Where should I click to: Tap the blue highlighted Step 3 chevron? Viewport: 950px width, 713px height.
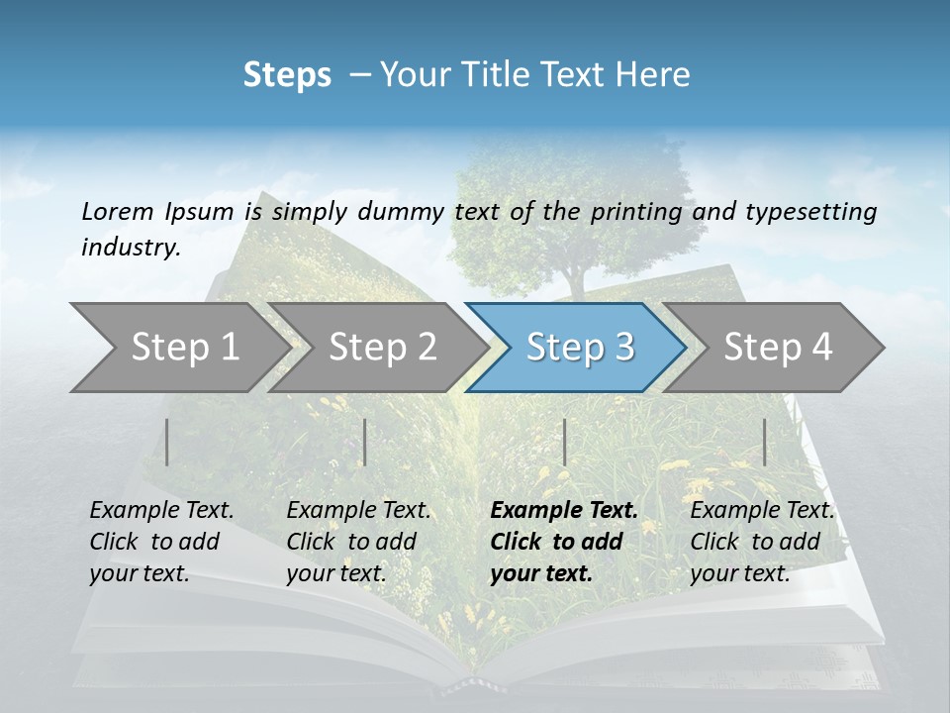579,348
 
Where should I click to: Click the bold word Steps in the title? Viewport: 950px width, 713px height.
287,75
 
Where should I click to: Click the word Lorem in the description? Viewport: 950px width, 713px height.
117,211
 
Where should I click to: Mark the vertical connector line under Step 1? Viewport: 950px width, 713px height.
167,442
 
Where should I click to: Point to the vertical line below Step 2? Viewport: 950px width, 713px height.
365,442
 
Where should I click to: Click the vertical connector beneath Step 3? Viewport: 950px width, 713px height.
564,442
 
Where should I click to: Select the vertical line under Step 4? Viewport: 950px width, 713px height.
765,442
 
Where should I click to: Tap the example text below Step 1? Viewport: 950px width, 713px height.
160,542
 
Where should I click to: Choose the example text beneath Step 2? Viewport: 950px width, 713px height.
357,542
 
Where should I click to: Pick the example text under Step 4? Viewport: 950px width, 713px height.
761,542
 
